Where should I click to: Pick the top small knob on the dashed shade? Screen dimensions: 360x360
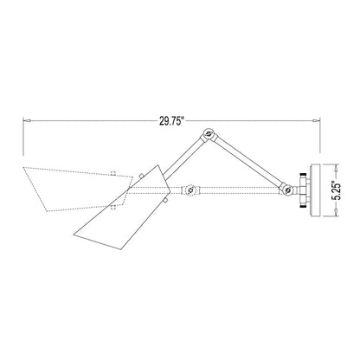(x=112, y=172)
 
